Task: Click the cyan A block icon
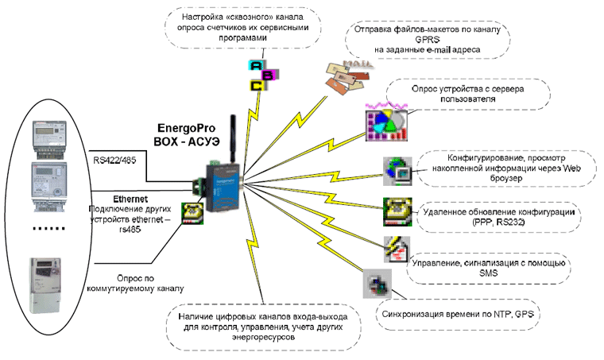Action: click(255, 65)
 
